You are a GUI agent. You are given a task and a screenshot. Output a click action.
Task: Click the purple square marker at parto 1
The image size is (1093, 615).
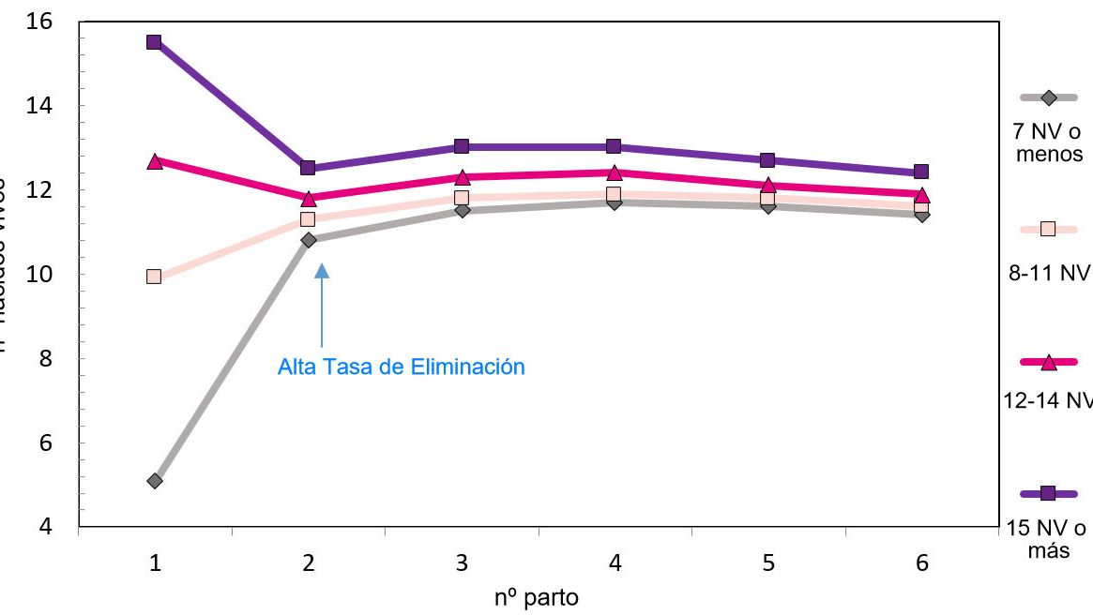pyautogui.click(x=154, y=42)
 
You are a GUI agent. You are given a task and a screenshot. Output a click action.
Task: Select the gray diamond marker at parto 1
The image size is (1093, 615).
pyautogui.click(x=155, y=481)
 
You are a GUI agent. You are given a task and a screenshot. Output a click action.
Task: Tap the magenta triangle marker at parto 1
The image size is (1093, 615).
pyautogui.click(x=155, y=161)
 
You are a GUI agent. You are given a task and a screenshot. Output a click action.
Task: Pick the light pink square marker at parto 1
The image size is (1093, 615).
pyautogui.click(x=154, y=277)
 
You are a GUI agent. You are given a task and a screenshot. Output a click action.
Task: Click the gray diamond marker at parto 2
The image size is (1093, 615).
pyautogui.click(x=308, y=240)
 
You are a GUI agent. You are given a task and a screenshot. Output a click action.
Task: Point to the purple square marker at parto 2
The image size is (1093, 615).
pyautogui.click(x=308, y=168)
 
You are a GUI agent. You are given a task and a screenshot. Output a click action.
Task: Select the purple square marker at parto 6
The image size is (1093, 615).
pyautogui.click(x=921, y=172)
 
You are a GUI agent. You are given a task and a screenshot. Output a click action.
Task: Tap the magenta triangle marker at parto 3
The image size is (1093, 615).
pyautogui.click(x=462, y=177)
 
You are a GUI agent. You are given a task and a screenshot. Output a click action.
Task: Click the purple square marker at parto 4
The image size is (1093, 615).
pyautogui.click(x=614, y=146)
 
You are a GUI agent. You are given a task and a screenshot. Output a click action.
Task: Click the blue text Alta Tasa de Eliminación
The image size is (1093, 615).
pyautogui.click(x=401, y=367)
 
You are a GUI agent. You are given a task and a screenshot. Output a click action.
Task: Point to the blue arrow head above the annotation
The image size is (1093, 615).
pyautogui.click(x=322, y=271)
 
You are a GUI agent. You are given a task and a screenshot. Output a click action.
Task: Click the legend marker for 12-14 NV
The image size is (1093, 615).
pyautogui.click(x=1049, y=362)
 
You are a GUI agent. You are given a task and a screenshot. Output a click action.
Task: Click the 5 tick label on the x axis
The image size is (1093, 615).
pyautogui.click(x=767, y=562)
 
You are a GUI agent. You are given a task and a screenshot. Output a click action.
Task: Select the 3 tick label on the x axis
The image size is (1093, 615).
pyautogui.click(x=462, y=562)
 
